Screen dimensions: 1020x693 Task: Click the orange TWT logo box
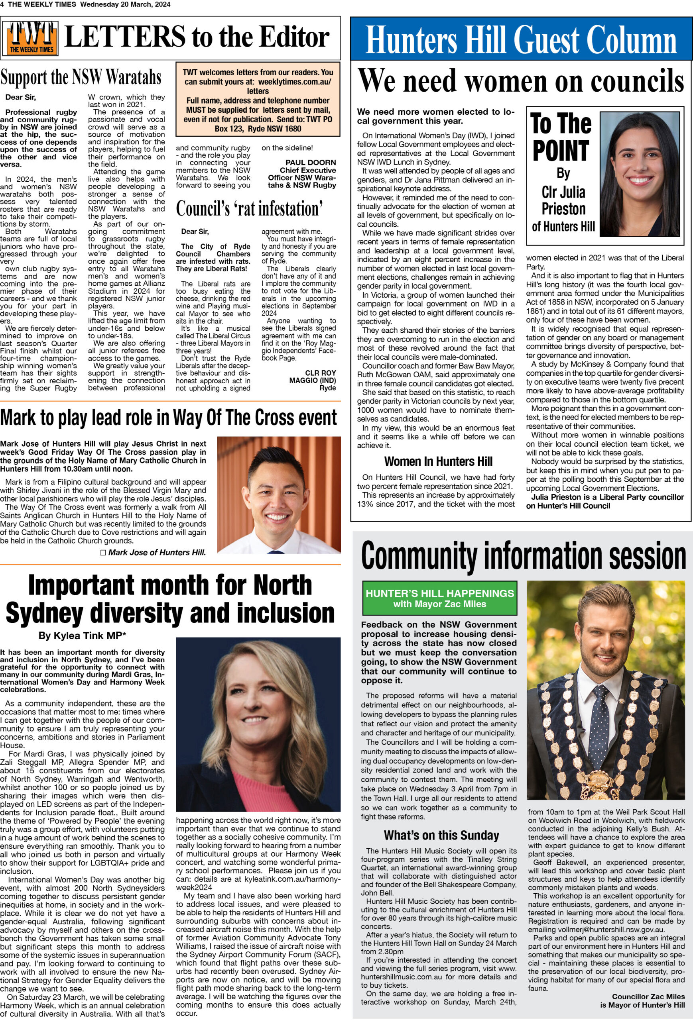click(x=31, y=38)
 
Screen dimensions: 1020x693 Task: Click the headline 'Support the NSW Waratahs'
click(x=81, y=78)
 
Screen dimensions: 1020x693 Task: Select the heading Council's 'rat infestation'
click(x=250, y=208)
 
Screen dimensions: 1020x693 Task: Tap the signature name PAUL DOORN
click(x=311, y=163)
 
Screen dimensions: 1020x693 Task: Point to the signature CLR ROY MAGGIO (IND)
click(x=312, y=377)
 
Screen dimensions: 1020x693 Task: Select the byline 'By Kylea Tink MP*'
click(x=83, y=635)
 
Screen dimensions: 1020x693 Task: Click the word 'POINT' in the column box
click(x=561, y=151)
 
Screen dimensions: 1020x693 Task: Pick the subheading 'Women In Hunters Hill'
click(x=438, y=461)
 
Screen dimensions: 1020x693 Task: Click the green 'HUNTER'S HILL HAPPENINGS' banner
click(x=439, y=598)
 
